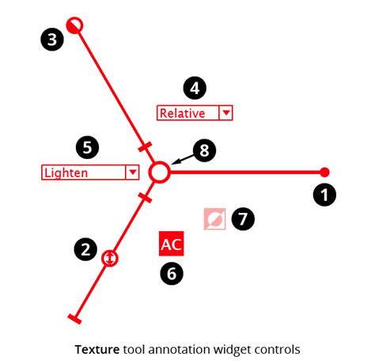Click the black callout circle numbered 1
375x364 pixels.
coord(324,195)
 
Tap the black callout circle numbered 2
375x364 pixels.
coord(85,250)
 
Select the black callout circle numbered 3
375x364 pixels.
coord(51,40)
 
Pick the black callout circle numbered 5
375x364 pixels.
coord(87,146)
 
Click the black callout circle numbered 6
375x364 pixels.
coord(171,274)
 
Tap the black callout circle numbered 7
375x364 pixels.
coord(243,218)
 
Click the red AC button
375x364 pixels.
coord(172,245)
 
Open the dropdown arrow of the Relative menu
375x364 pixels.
coord(226,113)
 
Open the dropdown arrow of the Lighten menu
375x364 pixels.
coord(131,173)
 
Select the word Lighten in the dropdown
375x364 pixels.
coord(66,173)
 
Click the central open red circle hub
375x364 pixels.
coord(160,173)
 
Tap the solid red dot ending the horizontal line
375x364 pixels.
coord(324,172)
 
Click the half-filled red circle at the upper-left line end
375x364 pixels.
coord(75,25)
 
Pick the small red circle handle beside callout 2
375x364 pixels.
coord(110,257)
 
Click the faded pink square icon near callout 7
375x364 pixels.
coord(214,218)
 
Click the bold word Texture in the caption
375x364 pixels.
coord(97,348)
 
